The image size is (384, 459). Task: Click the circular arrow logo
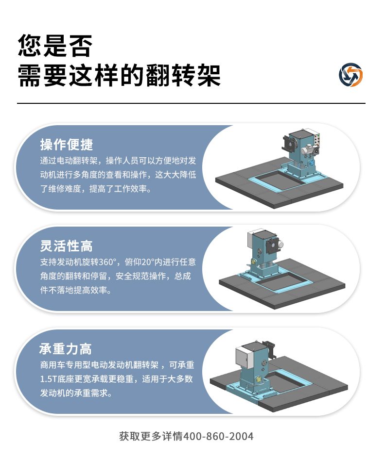(350, 75)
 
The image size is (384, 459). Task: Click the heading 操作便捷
(67, 145)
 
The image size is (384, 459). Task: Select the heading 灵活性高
(66, 246)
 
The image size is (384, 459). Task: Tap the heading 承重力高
(66, 349)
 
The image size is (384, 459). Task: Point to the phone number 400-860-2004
(218, 436)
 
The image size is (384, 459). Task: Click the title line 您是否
(55, 46)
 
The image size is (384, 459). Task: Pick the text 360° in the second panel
(107, 262)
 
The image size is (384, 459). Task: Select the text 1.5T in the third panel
(49, 379)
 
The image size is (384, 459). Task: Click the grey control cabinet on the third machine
(244, 358)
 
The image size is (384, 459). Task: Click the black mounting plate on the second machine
(272, 246)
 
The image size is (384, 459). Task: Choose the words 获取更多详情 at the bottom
(151, 436)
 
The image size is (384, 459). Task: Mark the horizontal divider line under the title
(191, 103)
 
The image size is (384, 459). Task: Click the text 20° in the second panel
(147, 262)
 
